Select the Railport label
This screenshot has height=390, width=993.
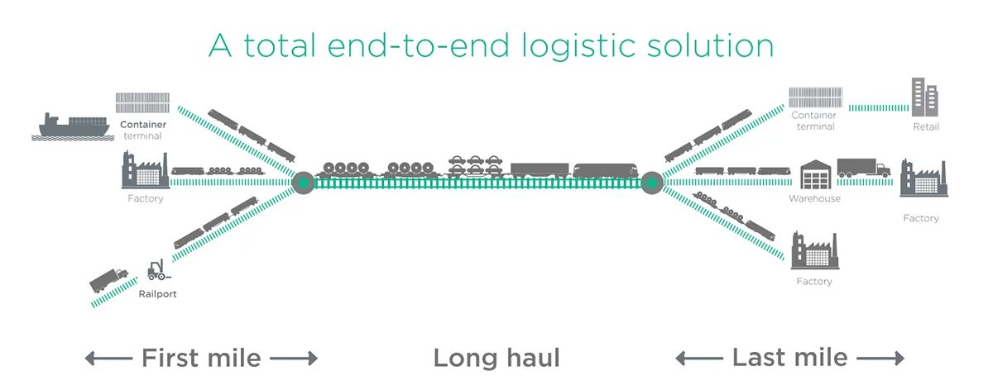[x=157, y=293]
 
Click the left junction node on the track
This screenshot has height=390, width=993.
[x=303, y=182]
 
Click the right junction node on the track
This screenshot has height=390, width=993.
[x=650, y=182]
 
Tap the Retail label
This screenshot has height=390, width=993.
[x=926, y=127]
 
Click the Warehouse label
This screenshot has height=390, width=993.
[x=814, y=199]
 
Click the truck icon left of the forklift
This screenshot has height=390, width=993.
[x=108, y=279]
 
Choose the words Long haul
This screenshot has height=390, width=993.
[x=496, y=358]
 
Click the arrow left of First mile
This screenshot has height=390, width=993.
[x=108, y=359]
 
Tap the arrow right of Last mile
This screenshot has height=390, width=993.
[x=880, y=359]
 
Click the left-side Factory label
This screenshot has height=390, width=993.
[x=146, y=199]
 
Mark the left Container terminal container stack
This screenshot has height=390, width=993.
[x=142, y=102]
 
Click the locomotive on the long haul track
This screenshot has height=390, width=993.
[x=604, y=170]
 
